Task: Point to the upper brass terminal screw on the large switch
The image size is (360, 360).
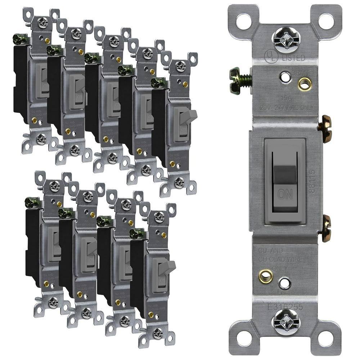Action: tap(325, 129)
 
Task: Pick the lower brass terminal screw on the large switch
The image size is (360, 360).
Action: tap(326, 228)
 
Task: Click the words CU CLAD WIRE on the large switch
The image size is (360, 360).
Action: tap(281, 260)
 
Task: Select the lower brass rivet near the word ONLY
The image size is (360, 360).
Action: tap(266, 276)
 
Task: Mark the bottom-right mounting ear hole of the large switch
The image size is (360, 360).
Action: tap(326, 338)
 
